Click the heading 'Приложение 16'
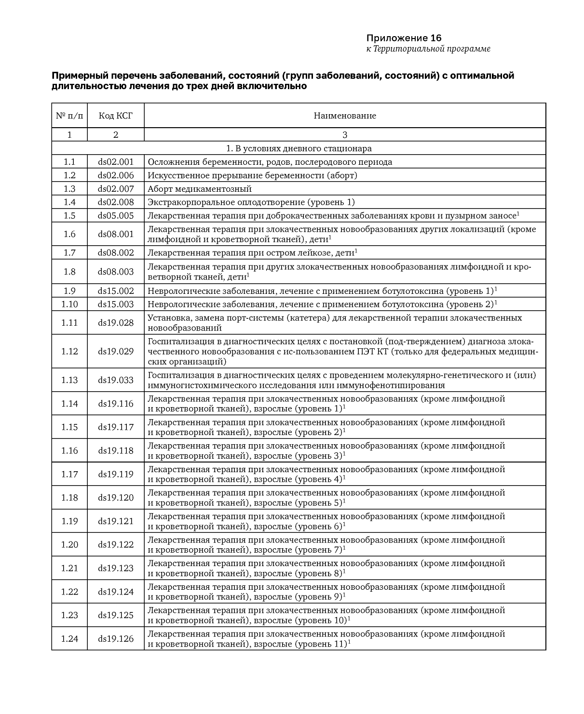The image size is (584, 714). click(x=404, y=38)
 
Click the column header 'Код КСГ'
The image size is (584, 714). click(x=115, y=116)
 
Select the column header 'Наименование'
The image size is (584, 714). click(x=345, y=116)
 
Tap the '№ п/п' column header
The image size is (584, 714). click(x=69, y=116)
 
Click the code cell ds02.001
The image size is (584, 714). click(x=116, y=162)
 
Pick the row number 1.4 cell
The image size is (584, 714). click(x=69, y=202)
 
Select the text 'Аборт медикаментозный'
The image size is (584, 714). click(x=200, y=189)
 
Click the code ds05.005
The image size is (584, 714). click(x=116, y=216)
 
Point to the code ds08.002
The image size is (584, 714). click(x=116, y=253)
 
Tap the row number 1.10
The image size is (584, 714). click(x=69, y=304)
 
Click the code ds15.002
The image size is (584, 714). click(x=116, y=291)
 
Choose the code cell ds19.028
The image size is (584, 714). click(x=116, y=323)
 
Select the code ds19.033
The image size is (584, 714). click(x=116, y=380)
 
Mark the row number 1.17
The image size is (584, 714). click(x=69, y=474)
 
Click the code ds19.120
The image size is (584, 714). click(x=116, y=498)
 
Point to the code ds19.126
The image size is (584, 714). click(x=116, y=639)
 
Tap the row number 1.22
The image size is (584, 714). click(x=69, y=592)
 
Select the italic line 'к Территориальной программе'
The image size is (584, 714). click(x=428, y=49)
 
